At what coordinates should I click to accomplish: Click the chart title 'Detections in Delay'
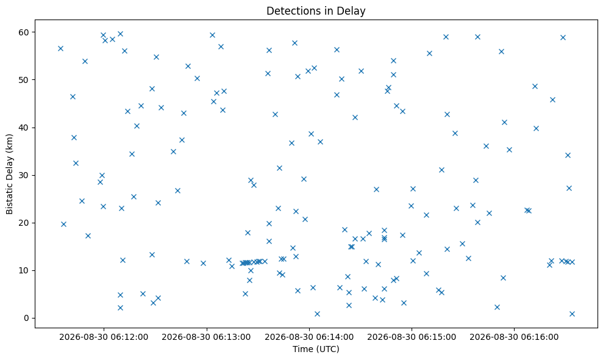[x=316, y=11]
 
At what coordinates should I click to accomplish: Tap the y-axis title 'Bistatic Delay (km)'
[x=9, y=174]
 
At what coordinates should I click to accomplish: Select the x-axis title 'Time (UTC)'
[x=316, y=349]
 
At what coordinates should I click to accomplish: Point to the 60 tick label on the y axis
[x=24, y=32]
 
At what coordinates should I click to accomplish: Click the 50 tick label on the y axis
[x=24, y=80]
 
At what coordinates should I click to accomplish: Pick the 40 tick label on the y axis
[x=24, y=128]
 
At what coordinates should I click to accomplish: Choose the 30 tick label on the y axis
[x=24, y=175]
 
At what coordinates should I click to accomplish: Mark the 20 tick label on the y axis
[x=24, y=223]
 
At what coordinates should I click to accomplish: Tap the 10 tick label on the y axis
[x=24, y=271]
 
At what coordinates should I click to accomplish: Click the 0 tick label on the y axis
[x=27, y=319]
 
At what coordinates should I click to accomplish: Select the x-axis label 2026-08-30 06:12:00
[x=104, y=337]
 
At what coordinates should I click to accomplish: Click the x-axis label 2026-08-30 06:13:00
[x=206, y=337]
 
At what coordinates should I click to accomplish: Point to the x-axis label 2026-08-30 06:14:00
[x=309, y=337]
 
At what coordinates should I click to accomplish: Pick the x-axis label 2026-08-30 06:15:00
[x=412, y=337]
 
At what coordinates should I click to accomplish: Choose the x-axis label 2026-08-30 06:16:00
[x=514, y=337]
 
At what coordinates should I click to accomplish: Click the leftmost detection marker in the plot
[x=60, y=49]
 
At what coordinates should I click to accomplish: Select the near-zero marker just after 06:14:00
[x=317, y=314]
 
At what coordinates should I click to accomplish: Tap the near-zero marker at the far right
[x=572, y=314]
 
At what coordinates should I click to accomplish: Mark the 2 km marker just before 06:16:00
[x=497, y=308]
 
